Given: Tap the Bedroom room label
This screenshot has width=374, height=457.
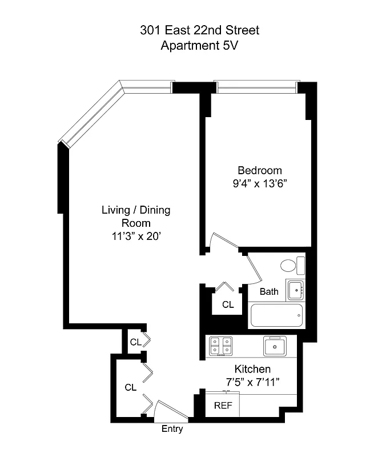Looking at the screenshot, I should [260, 170].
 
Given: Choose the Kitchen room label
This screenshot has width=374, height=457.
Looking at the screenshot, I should [252, 369].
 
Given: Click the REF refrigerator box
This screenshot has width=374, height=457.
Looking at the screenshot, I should [222, 406].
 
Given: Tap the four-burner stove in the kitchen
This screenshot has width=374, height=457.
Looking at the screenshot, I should [222, 346].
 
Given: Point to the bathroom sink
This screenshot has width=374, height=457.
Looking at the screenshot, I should [296, 290].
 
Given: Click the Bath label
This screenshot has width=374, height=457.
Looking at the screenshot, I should [269, 292].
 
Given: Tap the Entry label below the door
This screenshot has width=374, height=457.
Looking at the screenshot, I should [172, 429].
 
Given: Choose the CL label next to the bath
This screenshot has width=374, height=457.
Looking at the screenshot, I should [228, 304].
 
